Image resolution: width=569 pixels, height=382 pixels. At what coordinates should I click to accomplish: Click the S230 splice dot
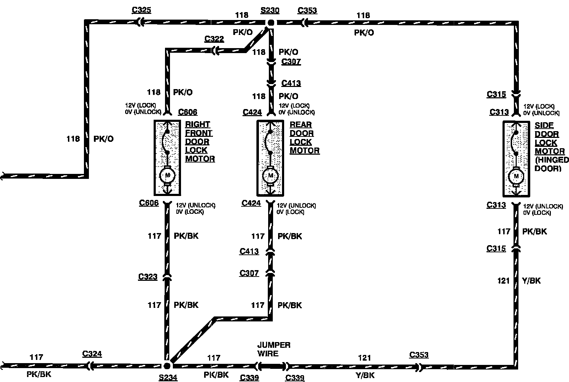271,22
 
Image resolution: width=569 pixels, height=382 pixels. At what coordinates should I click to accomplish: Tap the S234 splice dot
167,366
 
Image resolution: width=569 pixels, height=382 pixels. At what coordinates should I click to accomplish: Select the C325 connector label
141,10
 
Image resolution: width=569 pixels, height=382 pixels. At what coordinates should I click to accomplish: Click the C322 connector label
214,39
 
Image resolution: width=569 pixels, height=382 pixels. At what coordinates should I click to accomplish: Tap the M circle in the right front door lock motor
167,175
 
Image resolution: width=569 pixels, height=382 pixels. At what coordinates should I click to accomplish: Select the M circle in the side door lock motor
516,176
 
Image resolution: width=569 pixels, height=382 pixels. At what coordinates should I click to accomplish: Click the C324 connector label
92,354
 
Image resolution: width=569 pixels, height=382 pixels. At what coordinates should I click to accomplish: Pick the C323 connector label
148,277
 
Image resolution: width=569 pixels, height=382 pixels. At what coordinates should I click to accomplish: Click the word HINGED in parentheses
552,160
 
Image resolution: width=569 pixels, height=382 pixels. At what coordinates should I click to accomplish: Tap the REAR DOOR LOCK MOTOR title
304,138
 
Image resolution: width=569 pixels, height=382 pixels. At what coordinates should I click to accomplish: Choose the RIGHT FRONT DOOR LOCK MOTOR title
200,141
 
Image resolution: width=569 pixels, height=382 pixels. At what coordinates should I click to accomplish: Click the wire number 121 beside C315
503,281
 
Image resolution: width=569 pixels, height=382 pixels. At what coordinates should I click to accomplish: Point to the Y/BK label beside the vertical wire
531,281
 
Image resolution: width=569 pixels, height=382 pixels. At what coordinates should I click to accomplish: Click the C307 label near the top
291,62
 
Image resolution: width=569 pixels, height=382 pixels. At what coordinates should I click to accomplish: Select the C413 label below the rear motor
249,251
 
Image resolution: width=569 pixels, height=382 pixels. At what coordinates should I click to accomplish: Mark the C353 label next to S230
307,10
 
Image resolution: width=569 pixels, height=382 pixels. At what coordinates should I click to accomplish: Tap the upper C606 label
187,112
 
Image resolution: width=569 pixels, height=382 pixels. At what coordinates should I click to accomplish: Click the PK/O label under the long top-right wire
364,33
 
